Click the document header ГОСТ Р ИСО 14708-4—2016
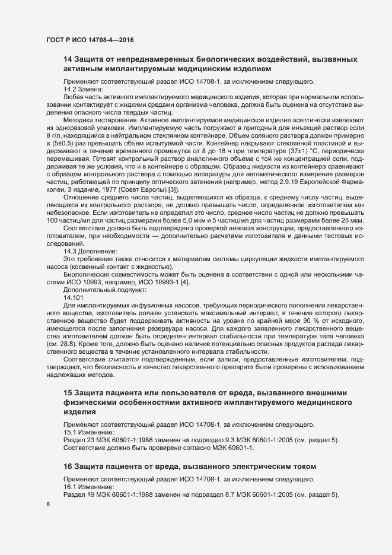coord(89,39)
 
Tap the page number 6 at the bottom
coord(48,504)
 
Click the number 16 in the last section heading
coord(68,466)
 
